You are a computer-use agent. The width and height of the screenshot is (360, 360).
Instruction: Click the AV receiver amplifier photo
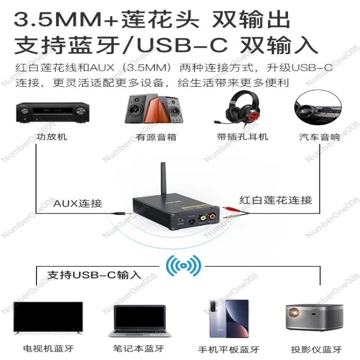tap(53, 112)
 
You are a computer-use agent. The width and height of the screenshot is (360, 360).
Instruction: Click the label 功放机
tap(52, 136)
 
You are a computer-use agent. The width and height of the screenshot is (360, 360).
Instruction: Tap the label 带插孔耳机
tap(242, 136)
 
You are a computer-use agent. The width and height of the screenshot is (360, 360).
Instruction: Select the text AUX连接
tap(78, 203)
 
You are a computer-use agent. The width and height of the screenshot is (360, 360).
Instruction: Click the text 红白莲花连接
tap(276, 200)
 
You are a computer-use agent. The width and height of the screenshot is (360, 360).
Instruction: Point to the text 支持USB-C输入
tap(94, 274)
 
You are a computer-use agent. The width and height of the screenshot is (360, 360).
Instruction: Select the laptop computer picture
tap(139, 320)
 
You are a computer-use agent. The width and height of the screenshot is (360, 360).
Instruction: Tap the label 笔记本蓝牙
tap(139, 349)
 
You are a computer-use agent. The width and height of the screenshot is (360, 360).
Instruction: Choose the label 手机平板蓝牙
tap(229, 350)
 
